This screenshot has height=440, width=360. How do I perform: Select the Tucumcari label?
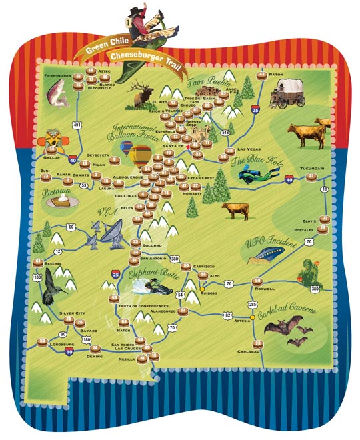point(311,169)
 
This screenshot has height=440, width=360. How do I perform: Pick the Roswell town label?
point(265,289)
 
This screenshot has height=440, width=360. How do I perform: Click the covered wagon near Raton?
point(287,93)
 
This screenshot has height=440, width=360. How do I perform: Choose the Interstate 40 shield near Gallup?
point(72,160)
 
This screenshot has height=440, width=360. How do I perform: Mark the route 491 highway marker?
point(77,124)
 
